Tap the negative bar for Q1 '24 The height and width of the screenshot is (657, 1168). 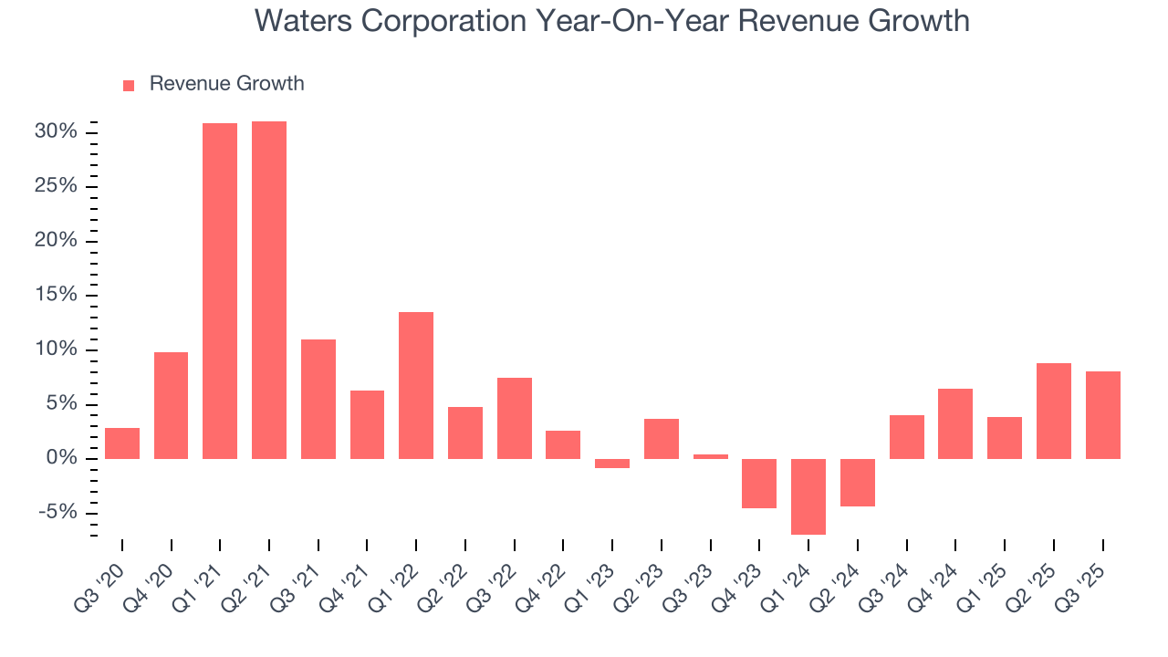(808, 496)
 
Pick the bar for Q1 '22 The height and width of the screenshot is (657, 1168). (416, 385)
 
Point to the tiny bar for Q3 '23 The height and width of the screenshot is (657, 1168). (711, 456)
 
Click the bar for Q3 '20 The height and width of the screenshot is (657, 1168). (122, 443)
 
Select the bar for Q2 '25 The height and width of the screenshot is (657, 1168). (1054, 411)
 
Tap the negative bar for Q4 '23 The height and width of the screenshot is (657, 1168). (759, 483)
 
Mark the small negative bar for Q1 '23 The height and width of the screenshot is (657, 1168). (612, 464)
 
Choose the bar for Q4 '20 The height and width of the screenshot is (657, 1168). (172, 405)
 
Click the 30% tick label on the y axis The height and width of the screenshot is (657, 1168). (56, 132)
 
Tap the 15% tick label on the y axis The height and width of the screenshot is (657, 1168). (56, 296)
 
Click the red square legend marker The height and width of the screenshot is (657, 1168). (129, 86)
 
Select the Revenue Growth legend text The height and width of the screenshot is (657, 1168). (226, 84)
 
